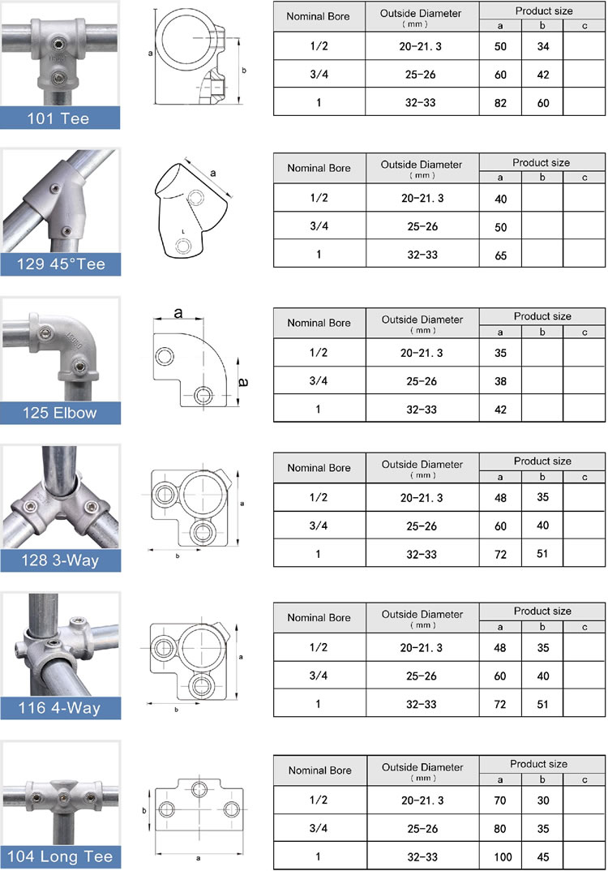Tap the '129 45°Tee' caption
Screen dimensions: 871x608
(61, 264)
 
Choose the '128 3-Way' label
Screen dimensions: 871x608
(61, 560)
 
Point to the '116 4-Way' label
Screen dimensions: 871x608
(61, 708)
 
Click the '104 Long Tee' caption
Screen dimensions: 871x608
(61, 856)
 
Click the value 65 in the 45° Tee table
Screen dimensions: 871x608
(500, 255)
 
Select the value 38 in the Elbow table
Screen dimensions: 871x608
(500, 381)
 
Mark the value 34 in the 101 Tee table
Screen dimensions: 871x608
(542, 46)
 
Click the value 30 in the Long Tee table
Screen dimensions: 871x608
(542, 800)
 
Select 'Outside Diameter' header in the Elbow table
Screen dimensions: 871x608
(422, 324)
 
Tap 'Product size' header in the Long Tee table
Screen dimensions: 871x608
(539, 764)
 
